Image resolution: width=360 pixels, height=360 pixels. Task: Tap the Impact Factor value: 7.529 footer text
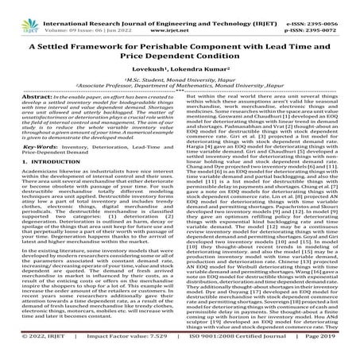(x=119, y=352)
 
